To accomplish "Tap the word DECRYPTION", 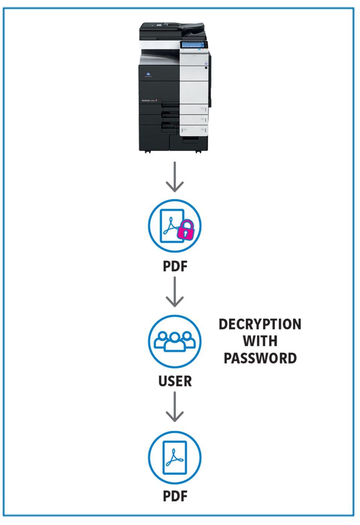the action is [260, 324].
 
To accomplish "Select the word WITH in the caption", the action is [260, 341].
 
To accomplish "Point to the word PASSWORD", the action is [260, 358].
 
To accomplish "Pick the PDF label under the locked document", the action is [175, 266].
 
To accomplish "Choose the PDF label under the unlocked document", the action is [175, 496].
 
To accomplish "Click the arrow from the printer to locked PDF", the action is [175, 177].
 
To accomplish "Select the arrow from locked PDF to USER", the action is [175, 292].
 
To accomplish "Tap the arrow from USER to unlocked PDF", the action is [175, 407].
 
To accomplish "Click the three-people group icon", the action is [175, 341].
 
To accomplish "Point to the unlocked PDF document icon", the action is [175, 458].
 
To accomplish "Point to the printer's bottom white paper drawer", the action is [193, 130].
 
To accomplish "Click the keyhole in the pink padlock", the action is [185, 234].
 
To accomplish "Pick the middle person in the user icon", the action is [175, 342].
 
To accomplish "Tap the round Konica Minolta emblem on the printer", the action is [148, 75].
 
